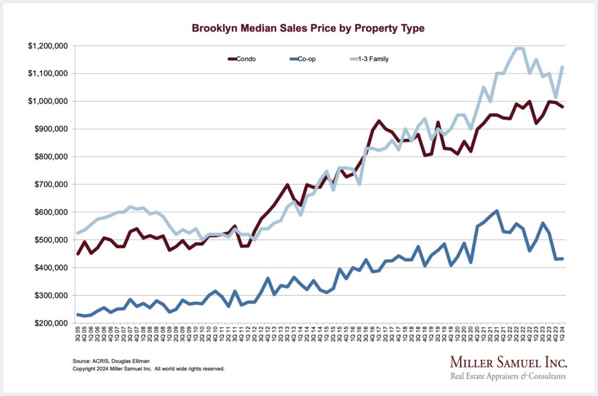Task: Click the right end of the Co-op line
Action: pyautogui.click(x=562, y=259)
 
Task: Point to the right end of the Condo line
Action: pyautogui.click(x=562, y=106)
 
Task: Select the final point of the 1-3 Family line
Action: pyautogui.click(x=562, y=67)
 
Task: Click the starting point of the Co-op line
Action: pyautogui.click(x=78, y=315)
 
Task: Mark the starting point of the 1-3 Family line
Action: pyautogui.click(x=78, y=234)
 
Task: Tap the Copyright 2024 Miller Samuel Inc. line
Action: pyautogui.click(x=148, y=369)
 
